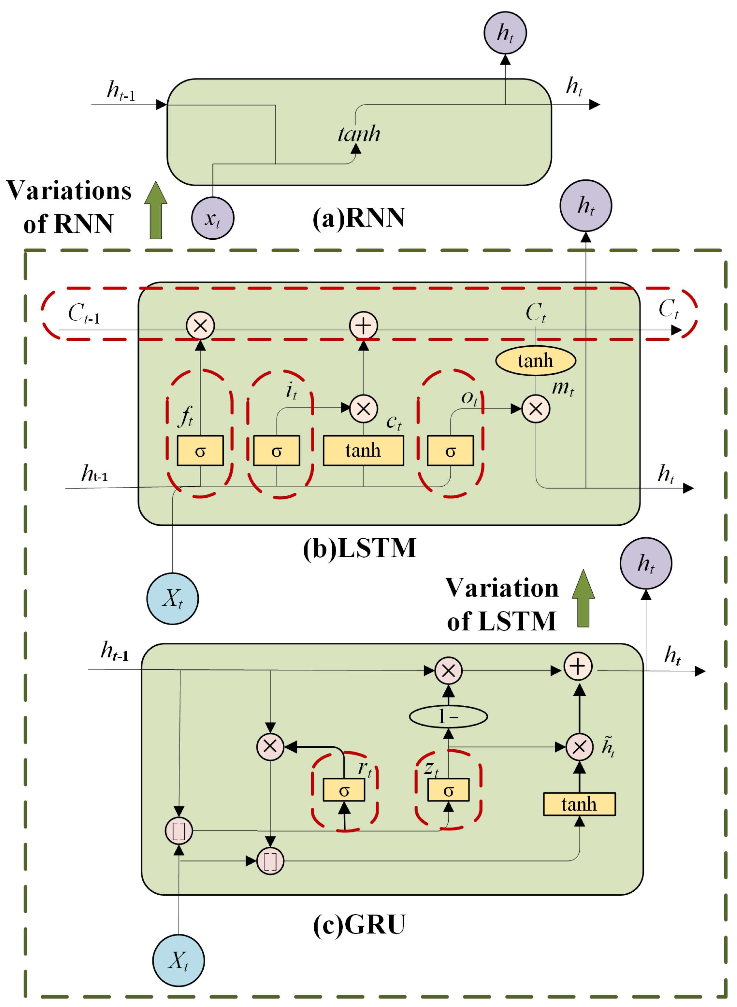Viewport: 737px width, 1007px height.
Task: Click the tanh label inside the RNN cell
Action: [359, 134]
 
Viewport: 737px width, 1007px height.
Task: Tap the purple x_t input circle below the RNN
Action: [213, 218]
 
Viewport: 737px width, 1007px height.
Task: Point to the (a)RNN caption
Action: [359, 218]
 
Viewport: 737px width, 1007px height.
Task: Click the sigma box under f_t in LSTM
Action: [200, 451]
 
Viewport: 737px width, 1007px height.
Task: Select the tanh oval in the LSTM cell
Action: [535, 360]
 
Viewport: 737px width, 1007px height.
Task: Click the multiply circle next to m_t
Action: [535, 408]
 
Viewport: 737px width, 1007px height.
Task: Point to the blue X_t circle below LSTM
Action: [173, 599]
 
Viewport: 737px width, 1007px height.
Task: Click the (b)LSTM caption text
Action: [360, 548]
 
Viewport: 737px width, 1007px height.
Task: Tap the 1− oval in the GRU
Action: [448, 717]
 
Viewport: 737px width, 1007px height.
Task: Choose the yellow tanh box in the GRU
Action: [579, 804]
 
